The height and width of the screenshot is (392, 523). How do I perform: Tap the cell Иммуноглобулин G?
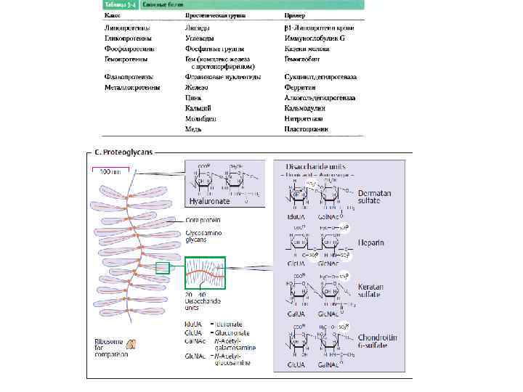(x=315, y=38)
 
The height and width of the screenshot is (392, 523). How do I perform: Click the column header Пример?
(x=294, y=15)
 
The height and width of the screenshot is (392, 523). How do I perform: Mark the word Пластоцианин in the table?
(x=307, y=129)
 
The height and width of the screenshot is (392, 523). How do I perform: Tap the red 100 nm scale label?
(x=110, y=172)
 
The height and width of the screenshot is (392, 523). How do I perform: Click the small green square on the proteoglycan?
(x=162, y=268)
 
